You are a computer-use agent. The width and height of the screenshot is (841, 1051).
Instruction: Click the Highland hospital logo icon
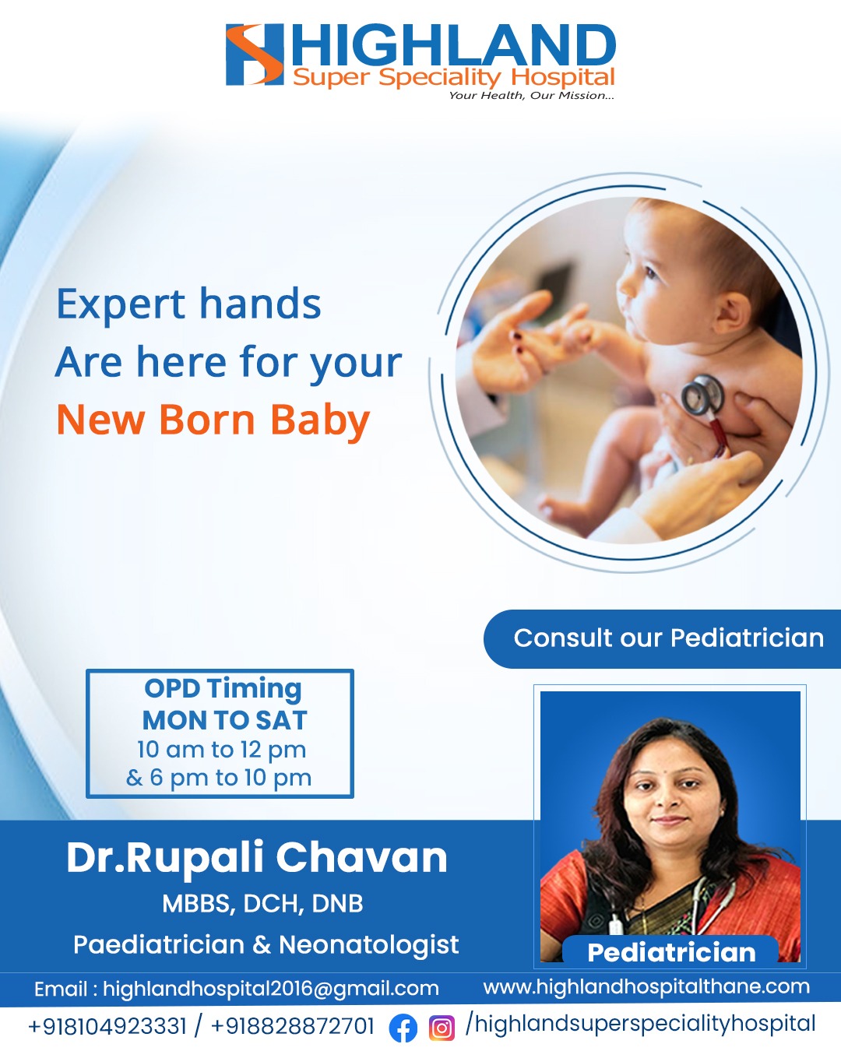(x=255, y=54)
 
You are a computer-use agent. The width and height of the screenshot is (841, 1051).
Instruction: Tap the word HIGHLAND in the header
(x=453, y=45)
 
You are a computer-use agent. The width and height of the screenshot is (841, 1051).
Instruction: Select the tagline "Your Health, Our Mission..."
(x=531, y=96)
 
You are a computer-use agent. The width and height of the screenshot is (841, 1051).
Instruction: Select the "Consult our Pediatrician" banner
(x=662, y=638)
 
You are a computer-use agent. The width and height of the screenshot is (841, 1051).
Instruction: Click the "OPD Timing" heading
(x=223, y=690)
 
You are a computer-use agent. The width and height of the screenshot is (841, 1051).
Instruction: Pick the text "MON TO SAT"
(x=224, y=720)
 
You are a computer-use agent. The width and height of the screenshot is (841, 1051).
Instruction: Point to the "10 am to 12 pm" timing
(x=221, y=749)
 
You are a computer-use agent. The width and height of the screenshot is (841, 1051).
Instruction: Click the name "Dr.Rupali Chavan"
(x=257, y=858)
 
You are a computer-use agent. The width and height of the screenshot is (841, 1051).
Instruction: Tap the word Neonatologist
(x=369, y=944)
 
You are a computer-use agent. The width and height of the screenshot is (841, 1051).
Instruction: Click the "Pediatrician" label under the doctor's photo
(x=671, y=953)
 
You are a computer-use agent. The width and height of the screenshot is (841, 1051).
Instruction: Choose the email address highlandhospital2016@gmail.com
(x=271, y=988)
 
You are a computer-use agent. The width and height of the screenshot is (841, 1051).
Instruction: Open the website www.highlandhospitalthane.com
(x=646, y=986)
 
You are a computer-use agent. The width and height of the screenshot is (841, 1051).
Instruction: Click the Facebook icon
(x=403, y=1028)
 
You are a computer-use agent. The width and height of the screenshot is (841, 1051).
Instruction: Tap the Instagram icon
(x=442, y=1028)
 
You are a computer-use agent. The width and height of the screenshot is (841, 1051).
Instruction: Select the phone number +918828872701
(x=293, y=1026)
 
